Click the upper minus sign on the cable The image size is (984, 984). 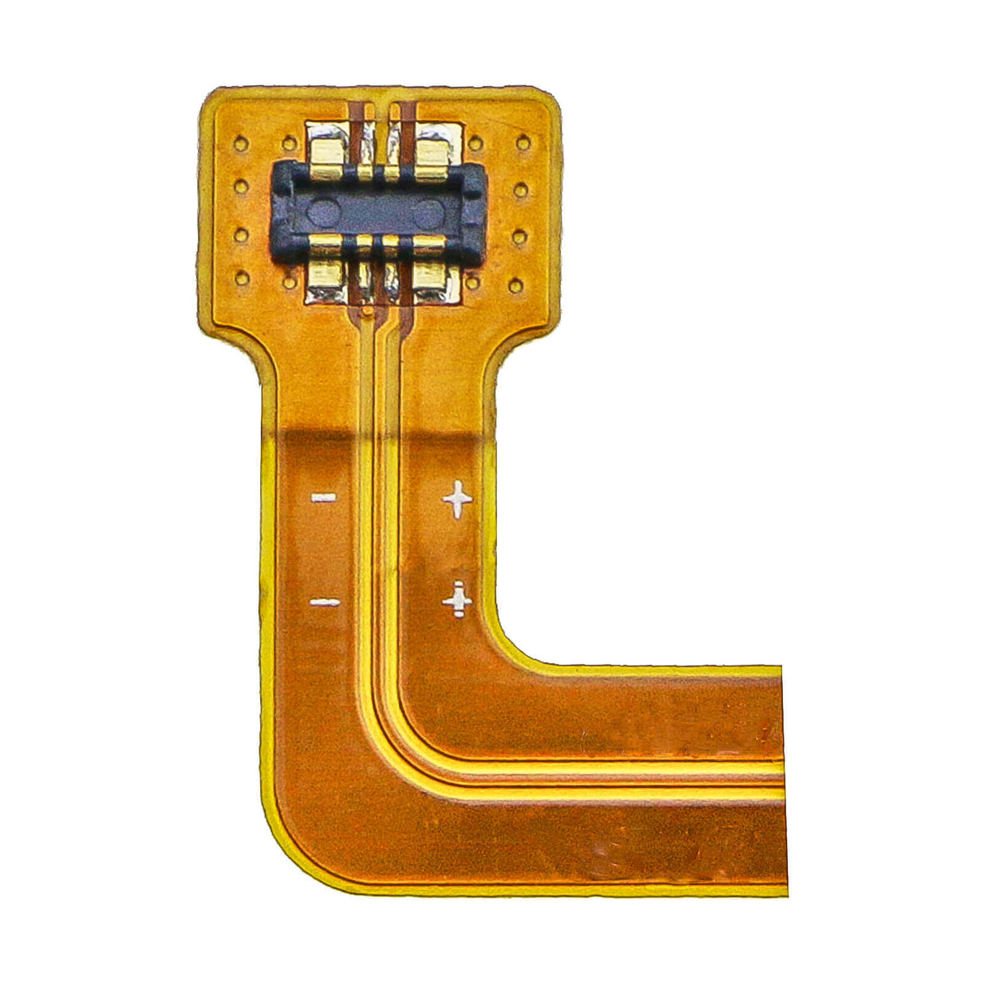(323, 497)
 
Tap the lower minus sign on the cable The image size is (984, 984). (324, 602)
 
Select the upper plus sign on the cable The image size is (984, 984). (457, 499)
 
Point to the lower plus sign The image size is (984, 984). (458, 600)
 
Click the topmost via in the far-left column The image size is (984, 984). (240, 144)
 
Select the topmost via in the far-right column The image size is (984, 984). (523, 143)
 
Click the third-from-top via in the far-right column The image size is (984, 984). (520, 237)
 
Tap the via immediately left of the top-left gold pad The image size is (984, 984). (289, 145)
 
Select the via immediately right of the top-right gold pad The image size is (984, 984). (476, 144)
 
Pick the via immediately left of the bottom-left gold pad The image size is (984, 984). (289, 282)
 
